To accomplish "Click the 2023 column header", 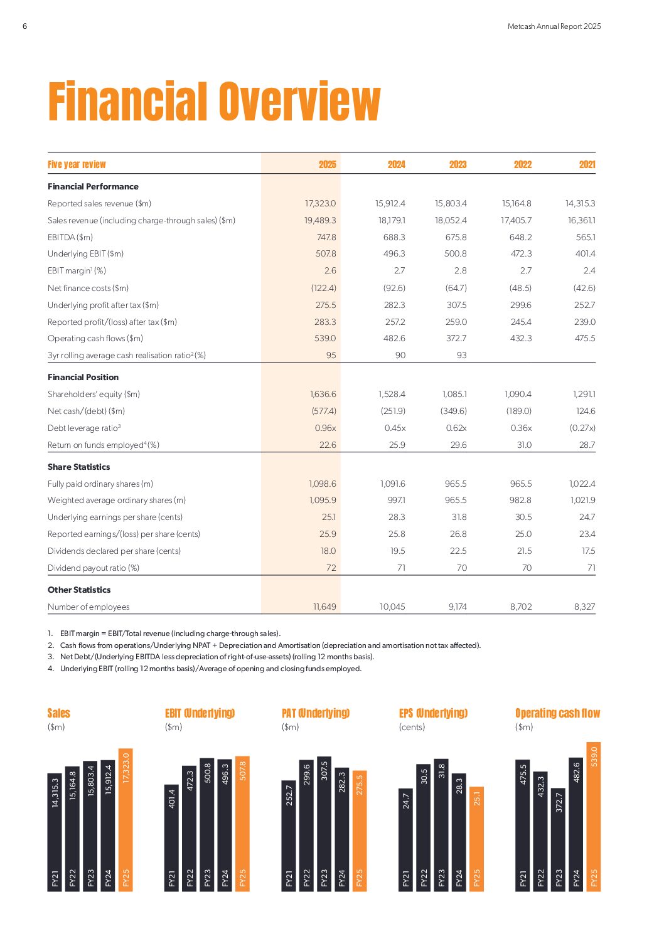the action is (x=458, y=164).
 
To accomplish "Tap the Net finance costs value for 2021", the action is (x=584, y=288).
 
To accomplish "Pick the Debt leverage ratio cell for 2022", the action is (x=521, y=428).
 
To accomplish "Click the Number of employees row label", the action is (x=88, y=607).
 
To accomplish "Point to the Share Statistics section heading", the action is (x=79, y=467).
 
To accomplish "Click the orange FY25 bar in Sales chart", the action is (x=126, y=820).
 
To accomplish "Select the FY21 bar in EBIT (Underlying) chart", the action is (x=171, y=837).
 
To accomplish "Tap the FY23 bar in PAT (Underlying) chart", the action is (x=324, y=824).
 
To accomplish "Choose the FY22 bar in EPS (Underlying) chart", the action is (x=423, y=828).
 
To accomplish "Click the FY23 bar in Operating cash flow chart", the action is (x=558, y=840).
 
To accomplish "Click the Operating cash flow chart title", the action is (x=557, y=713).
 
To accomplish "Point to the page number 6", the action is (x=24, y=26).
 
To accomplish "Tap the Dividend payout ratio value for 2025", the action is (x=331, y=568).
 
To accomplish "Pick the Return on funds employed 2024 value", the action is (x=397, y=445).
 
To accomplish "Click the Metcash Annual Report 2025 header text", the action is (x=554, y=26).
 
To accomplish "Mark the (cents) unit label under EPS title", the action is (x=412, y=727).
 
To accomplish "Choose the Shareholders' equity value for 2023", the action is (x=454, y=394).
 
